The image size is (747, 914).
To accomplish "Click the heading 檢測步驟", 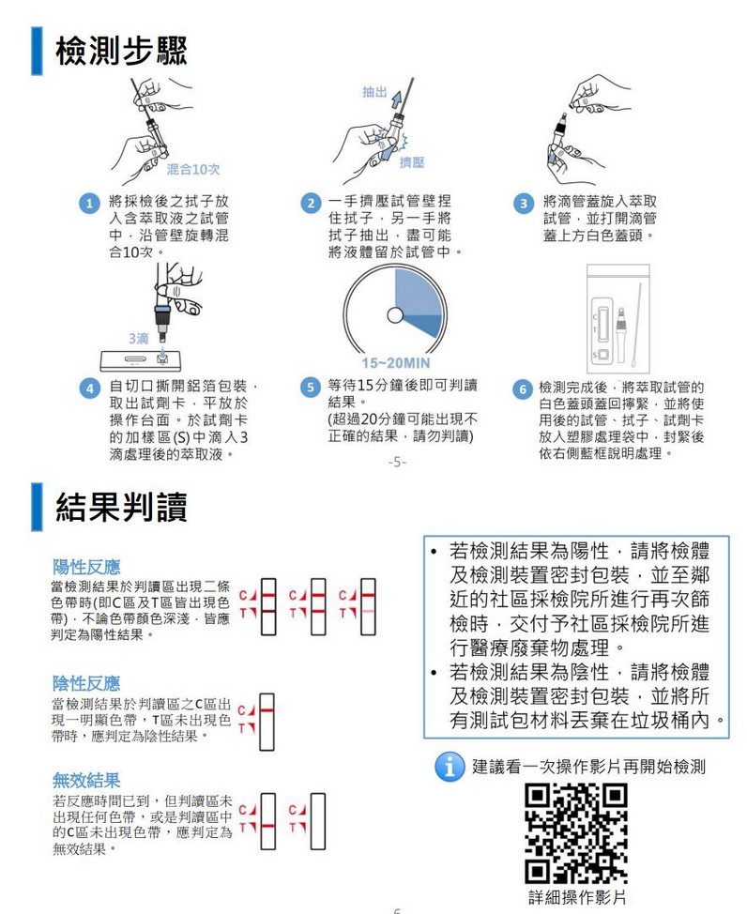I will click(121, 52).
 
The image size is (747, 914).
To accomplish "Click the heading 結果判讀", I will click(121, 507).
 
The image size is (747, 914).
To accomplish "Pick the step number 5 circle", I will click(309, 387).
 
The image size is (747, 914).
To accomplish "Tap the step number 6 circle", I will click(523, 388).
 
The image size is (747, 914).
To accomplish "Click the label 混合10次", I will click(192, 169).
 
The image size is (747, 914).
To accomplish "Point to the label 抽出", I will click(373, 92).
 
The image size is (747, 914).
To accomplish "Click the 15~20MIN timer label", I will click(395, 363).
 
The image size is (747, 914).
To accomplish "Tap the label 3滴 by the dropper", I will click(137, 337).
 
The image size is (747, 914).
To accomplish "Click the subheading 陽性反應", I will click(86, 567).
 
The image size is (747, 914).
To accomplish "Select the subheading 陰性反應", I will click(86, 682).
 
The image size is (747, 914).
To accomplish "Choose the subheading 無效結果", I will click(86, 780).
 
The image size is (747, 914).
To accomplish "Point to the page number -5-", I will click(396, 463).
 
